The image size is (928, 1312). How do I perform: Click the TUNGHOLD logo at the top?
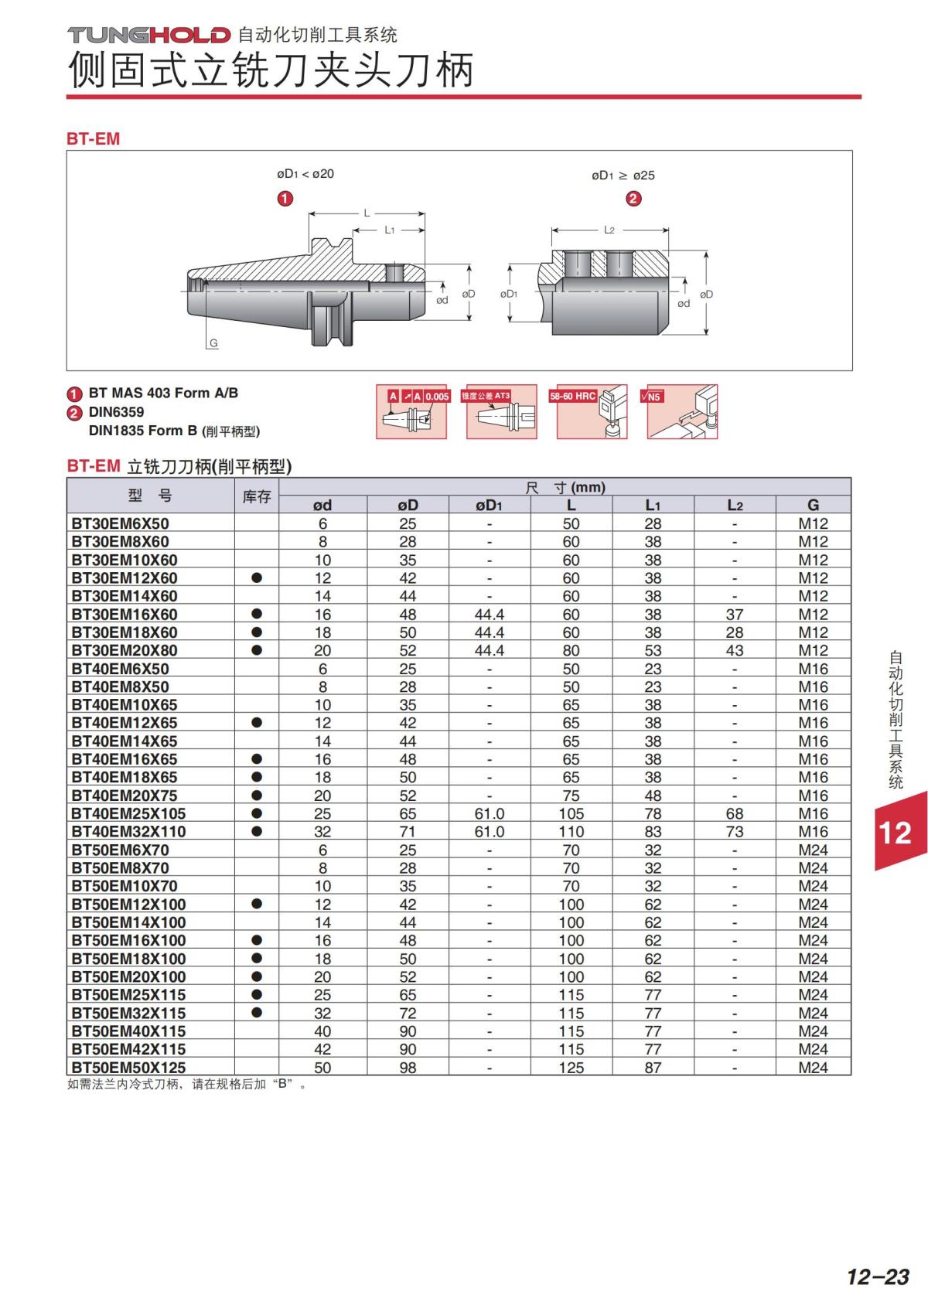click(149, 35)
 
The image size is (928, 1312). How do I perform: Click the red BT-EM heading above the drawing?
click(93, 139)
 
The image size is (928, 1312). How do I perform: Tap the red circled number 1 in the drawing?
click(285, 199)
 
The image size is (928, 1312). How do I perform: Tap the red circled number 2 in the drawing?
click(633, 199)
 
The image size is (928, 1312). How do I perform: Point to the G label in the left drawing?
click(213, 343)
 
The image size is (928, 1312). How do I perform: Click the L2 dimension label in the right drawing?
click(609, 230)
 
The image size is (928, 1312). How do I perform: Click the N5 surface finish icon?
click(681, 411)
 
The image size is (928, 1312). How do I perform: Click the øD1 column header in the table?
click(489, 506)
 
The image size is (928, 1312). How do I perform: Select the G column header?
click(813, 506)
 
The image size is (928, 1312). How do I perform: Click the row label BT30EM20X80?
click(125, 650)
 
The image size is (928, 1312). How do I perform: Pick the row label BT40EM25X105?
click(128, 813)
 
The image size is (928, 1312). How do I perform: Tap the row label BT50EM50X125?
click(128, 1068)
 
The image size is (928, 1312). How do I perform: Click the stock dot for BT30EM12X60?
click(257, 578)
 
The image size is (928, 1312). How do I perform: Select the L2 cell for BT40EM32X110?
click(734, 832)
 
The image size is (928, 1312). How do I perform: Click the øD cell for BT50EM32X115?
click(408, 1013)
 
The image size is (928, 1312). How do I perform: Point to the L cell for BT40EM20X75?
click(571, 796)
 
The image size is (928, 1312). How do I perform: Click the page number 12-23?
click(878, 1276)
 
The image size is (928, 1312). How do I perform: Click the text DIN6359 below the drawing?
click(116, 412)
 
